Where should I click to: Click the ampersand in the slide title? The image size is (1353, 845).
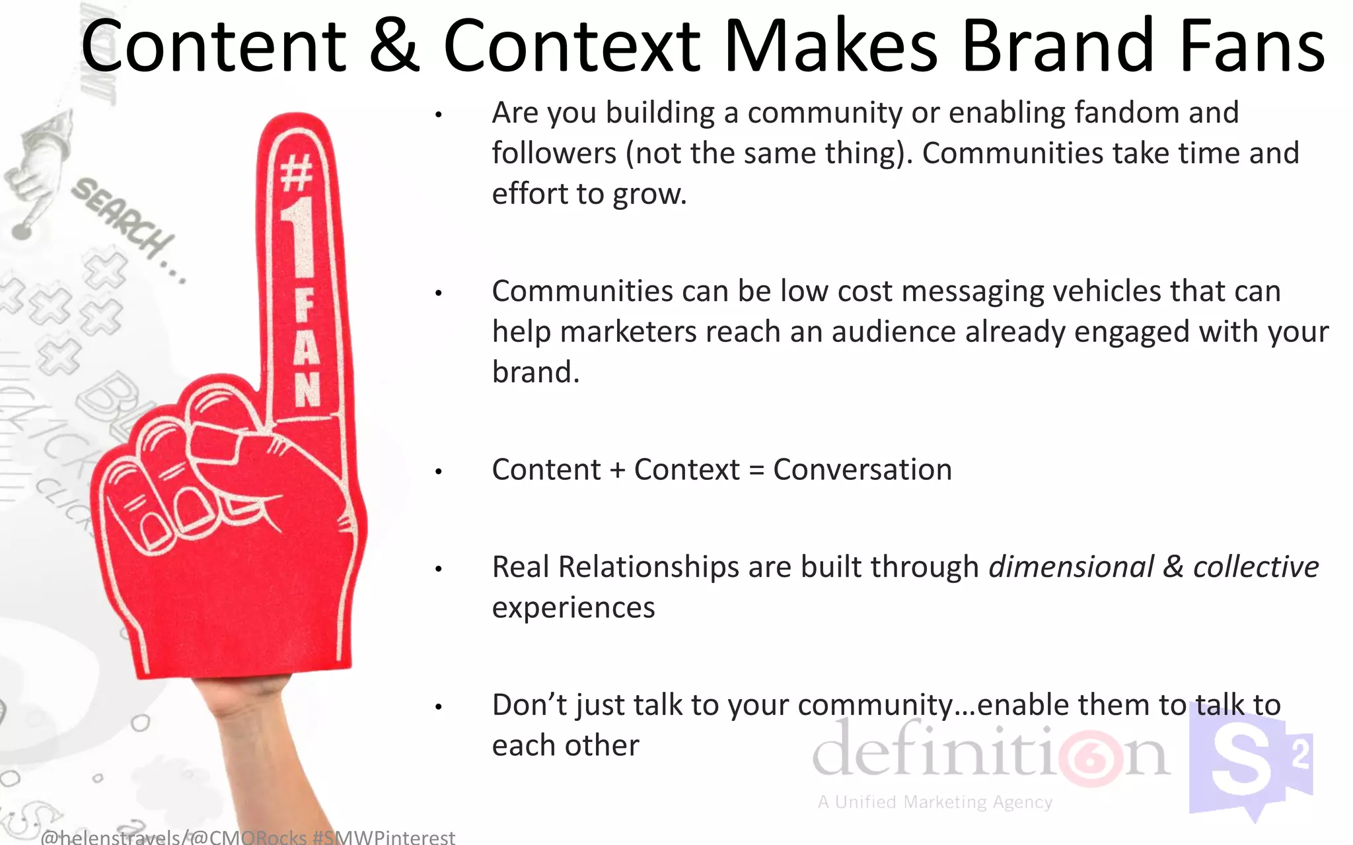[x=394, y=46]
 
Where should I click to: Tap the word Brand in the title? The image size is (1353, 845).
[x=1057, y=46]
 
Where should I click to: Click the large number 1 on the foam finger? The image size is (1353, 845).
[x=301, y=238]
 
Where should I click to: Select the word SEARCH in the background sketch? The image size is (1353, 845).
[x=122, y=218]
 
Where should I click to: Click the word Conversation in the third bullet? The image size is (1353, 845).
[x=862, y=470]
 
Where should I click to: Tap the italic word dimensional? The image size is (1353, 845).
[x=1070, y=567]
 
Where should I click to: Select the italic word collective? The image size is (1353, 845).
[x=1255, y=567]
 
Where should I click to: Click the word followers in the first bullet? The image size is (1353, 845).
[x=554, y=154]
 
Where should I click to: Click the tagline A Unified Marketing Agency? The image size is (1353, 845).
[x=935, y=802]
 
